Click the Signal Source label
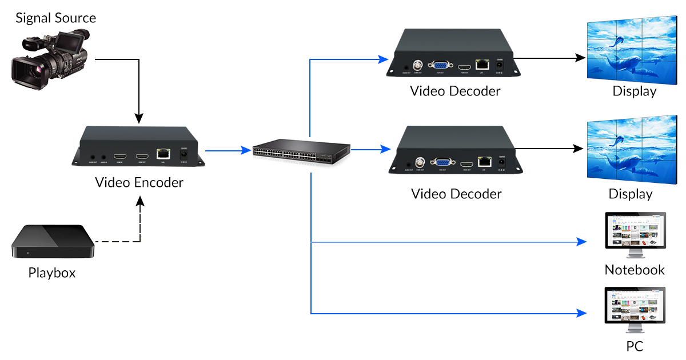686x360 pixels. point(55,18)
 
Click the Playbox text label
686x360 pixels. point(52,273)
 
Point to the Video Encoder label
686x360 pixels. point(139,182)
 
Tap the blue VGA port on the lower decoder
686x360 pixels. point(441,163)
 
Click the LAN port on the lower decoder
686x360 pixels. point(485,161)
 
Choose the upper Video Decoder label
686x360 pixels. point(455,91)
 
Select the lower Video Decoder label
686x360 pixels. point(456,194)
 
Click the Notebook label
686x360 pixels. point(635,270)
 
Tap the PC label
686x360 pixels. point(635,346)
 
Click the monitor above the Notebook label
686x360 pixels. point(635,234)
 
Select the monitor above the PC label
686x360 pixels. point(635,309)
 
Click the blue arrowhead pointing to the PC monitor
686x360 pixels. point(582,314)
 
